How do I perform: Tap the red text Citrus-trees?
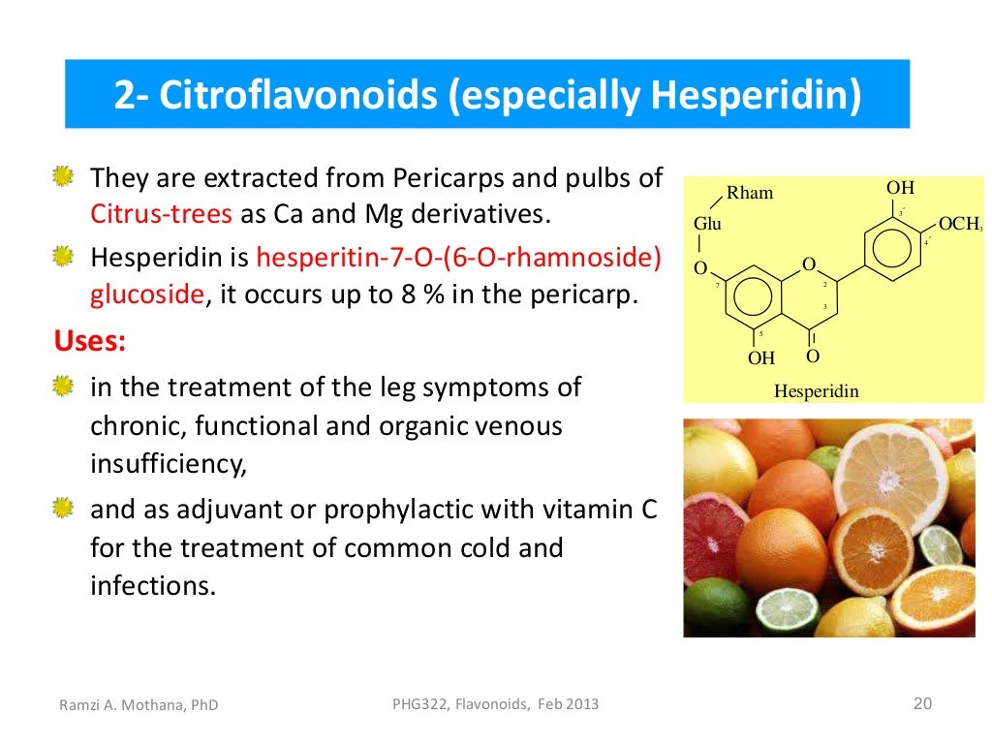coord(162,213)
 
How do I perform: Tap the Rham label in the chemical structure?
coord(750,193)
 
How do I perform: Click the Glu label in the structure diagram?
coord(707,224)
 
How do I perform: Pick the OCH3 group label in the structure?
coord(960,224)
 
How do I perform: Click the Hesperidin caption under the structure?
coord(817,391)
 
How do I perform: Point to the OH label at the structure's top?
coord(900,188)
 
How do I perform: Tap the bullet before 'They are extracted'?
coord(63,177)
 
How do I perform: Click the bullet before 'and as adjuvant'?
coord(63,507)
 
